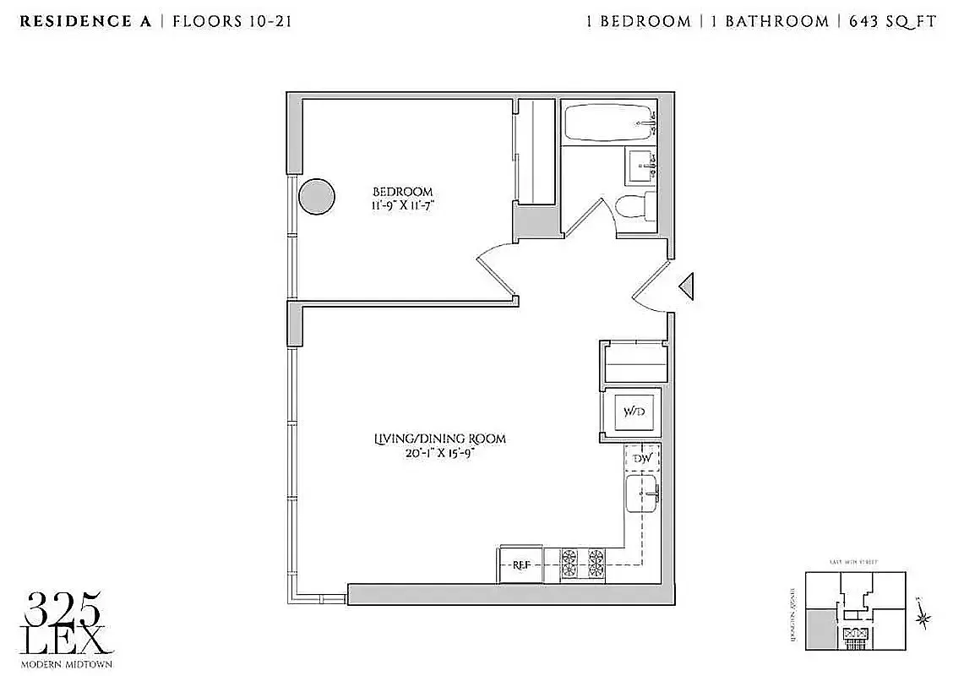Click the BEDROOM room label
coord(403,192)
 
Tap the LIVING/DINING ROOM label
coord(440,439)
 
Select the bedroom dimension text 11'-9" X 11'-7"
coord(403,205)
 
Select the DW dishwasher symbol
coord(642,458)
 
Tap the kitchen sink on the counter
coord(642,493)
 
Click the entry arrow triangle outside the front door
coord(687,287)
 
